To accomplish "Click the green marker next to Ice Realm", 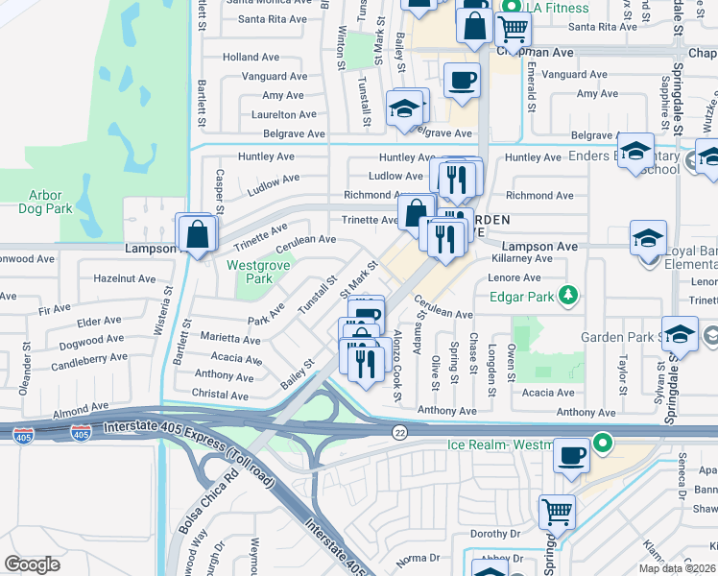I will click(x=603, y=444).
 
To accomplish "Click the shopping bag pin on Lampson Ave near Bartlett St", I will click(x=196, y=233).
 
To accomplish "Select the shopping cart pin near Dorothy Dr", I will click(x=557, y=512).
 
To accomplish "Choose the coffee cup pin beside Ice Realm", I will click(x=573, y=455).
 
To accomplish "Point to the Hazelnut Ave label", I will click(x=125, y=278).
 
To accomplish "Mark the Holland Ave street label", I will click(x=251, y=58).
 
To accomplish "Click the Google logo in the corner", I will click(x=32, y=564).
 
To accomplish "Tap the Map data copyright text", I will click(x=677, y=568).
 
